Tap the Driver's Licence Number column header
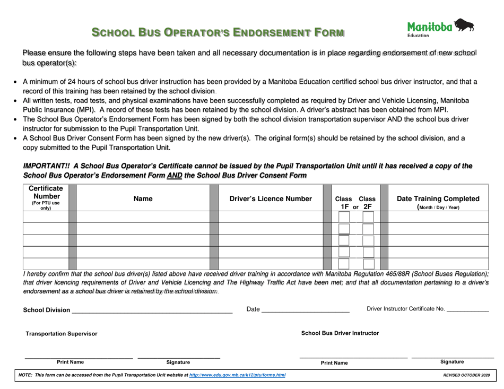[x=271, y=198]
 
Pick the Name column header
[x=143, y=198]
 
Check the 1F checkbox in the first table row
[x=344, y=217]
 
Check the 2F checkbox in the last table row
[x=368, y=264]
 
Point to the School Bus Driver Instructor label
[x=340, y=333]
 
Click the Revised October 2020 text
[x=466, y=375]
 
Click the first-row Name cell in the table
[x=143, y=217]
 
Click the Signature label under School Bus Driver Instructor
[x=452, y=361]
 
